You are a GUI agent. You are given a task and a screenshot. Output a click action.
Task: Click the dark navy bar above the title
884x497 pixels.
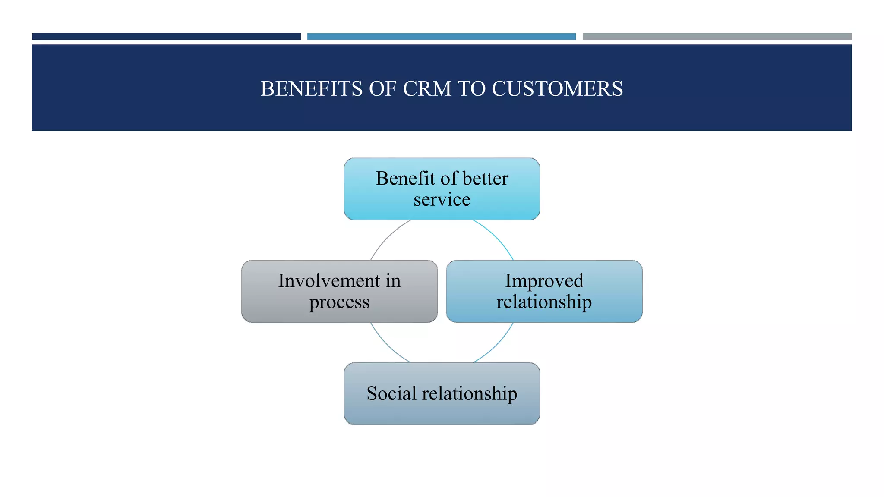pos(166,37)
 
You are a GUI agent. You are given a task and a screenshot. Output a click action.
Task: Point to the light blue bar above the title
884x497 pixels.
pos(441,37)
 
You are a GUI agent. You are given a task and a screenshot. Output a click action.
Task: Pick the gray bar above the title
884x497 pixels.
pos(717,37)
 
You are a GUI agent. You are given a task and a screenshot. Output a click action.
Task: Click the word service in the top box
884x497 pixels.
pos(442,200)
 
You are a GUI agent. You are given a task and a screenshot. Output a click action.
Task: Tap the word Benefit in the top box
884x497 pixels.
pos(405,179)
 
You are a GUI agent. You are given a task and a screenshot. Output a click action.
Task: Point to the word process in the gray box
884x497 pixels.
pos(339,302)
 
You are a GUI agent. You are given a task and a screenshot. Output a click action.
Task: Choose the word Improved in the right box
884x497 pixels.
pos(544,281)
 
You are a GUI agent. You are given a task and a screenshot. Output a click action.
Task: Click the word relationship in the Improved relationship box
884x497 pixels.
pos(544,302)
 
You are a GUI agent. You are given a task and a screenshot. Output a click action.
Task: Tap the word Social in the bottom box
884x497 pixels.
pos(391,393)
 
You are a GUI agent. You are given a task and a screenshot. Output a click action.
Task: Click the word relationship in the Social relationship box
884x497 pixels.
pos(469,393)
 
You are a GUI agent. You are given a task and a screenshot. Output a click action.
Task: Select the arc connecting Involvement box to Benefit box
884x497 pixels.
pos(386,237)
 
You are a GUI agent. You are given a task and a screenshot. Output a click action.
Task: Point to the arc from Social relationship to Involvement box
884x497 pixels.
pos(386,346)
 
